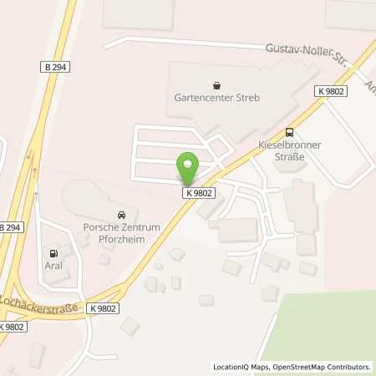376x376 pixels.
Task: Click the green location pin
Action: coord(188,170)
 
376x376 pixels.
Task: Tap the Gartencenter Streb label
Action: coord(216,98)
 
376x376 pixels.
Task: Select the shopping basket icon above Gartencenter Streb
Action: coord(217,84)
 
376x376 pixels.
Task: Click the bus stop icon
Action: coord(289,131)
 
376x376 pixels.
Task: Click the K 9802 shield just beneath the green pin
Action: coord(199,192)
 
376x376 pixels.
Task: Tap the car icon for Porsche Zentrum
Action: coord(122,212)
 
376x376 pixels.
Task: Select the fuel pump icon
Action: coord(54,252)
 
